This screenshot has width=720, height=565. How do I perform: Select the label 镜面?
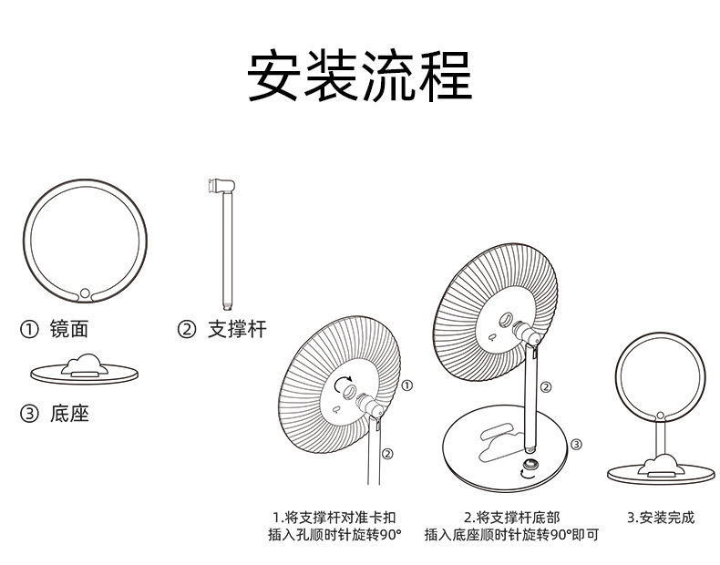pos(69,329)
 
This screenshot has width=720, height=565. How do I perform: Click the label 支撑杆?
pos(237,329)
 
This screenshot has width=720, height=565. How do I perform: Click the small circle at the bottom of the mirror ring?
pos(84,293)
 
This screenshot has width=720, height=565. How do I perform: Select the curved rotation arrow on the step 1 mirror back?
pos(344,386)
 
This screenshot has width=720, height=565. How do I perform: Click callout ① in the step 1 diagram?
pos(406,385)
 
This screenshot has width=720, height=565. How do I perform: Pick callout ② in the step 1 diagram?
pos(387,453)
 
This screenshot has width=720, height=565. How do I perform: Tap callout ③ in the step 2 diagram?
pos(575,444)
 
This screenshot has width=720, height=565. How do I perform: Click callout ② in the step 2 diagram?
pos(546,387)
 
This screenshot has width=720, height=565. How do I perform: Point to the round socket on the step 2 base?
pos(529,471)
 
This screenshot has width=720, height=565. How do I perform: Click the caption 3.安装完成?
pos(661,518)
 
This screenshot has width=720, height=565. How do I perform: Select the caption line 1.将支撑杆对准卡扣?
pos(334,518)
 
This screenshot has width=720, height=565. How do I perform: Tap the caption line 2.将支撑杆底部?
pos(511,518)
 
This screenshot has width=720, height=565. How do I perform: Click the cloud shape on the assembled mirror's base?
pos(661,467)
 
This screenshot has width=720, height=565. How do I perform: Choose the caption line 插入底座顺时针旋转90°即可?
pos(511,535)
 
